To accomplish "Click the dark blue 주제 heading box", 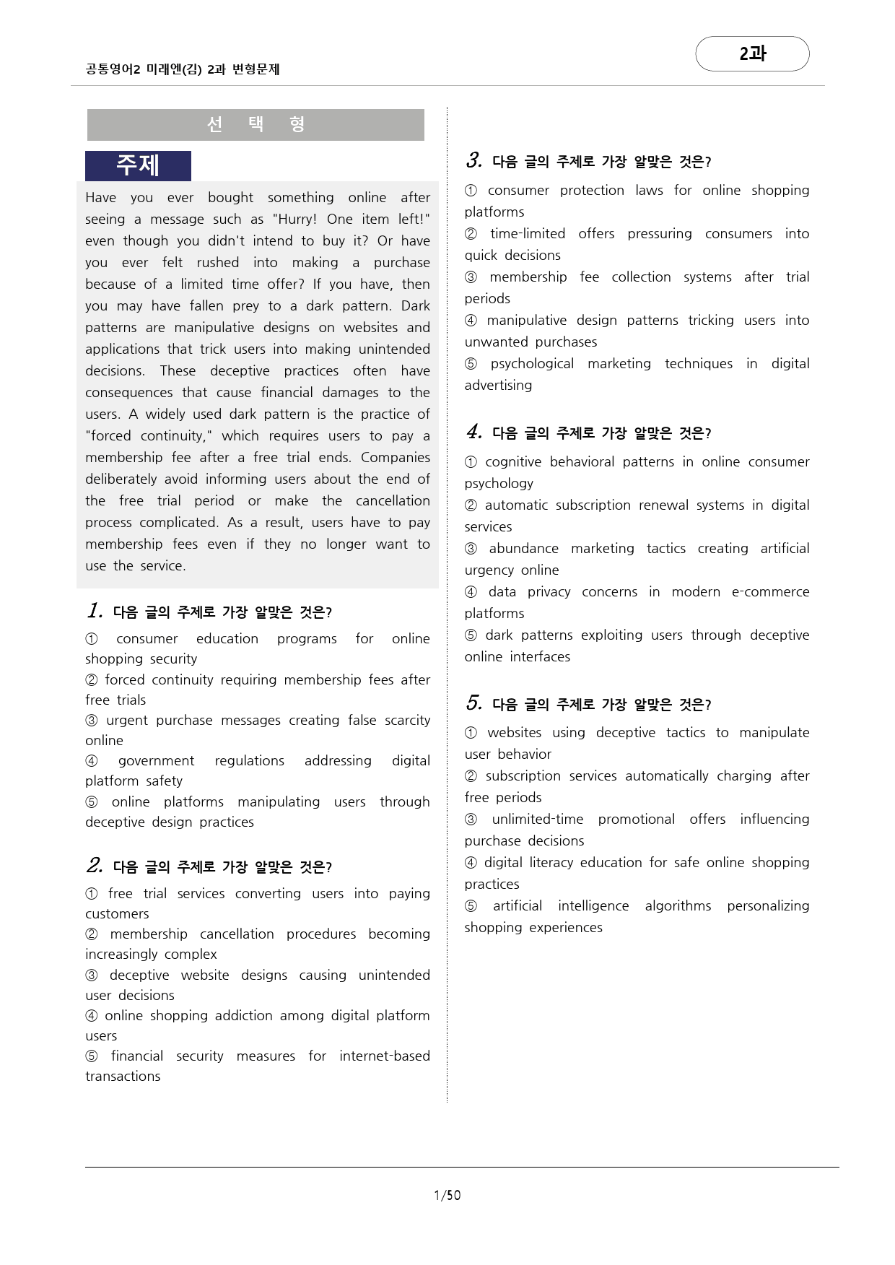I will pos(138,165).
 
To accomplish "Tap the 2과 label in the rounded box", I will pos(752,53).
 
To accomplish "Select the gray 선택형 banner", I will pos(256,124).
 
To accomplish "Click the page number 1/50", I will pos(447,1195).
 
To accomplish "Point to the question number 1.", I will pos(95,611).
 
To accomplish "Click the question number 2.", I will pos(95,865).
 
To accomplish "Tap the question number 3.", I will pos(473,160).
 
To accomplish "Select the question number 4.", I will pos(473,431).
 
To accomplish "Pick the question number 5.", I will pos(473,703).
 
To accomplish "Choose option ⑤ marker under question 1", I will pos(92,802).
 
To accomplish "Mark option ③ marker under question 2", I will pos(92,975).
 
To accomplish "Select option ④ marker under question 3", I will pos(471,321).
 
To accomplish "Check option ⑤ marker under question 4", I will pos(471,635).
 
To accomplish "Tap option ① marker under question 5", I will pos(471,733).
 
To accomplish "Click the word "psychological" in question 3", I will pos(532,364).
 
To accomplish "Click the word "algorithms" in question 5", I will pos(678,906).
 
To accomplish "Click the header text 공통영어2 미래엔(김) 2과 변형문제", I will pos(183,69).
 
